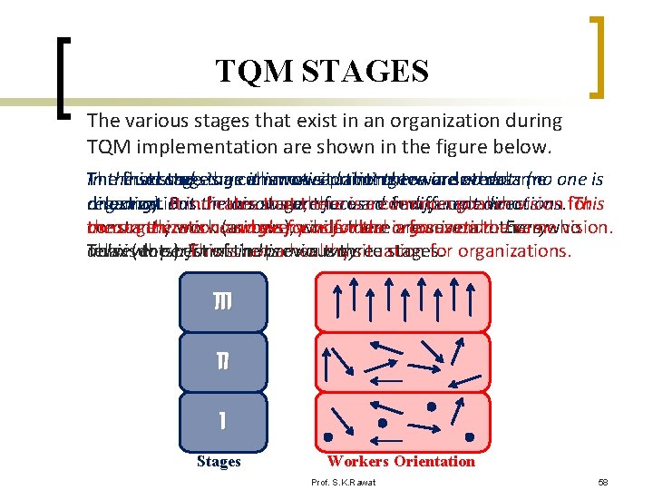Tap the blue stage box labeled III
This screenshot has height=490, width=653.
click(x=219, y=301)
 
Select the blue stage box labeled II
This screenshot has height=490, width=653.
click(x=219, y=360)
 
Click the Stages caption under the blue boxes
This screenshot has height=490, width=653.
click(x=219, y=462)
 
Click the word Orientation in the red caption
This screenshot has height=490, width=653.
click(x=434, y=461)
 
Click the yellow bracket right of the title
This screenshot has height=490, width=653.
click(x=599, y=56)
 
